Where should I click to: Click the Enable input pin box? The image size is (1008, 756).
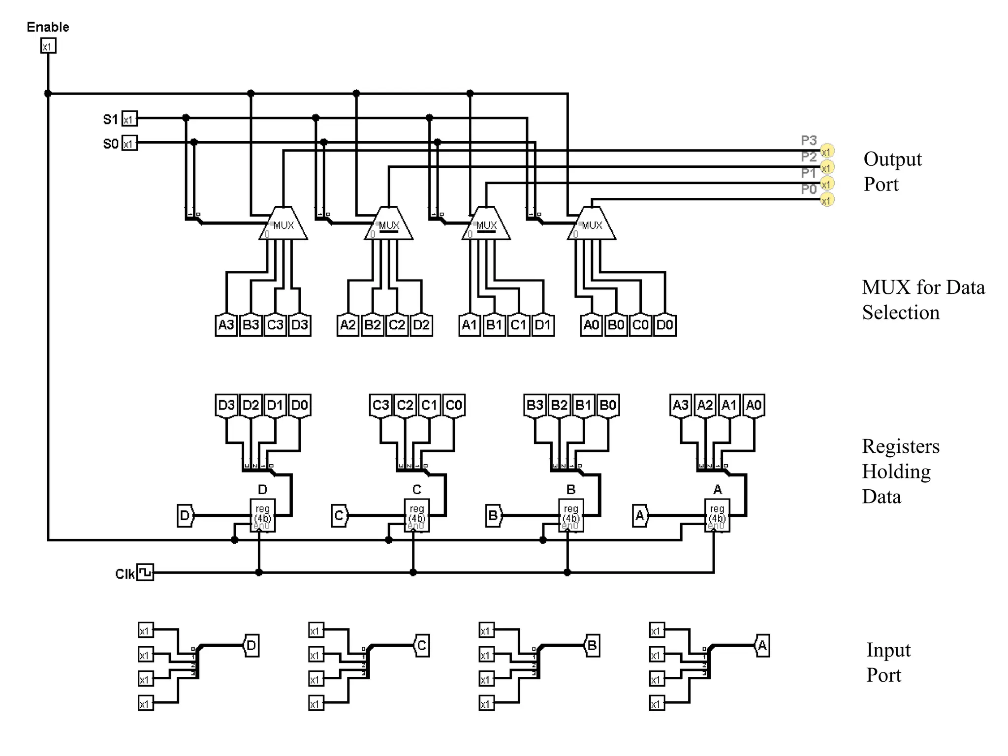(x=48, y=46)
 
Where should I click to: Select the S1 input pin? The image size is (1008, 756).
(x=129, y=119)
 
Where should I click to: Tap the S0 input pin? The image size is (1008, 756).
(x=129, y=143)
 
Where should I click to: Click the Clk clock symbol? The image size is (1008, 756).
(x=145, y=572)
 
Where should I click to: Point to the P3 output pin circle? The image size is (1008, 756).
(x=827, y=152)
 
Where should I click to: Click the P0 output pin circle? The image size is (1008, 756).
(x=827, y=200)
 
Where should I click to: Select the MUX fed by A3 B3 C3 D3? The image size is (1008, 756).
(x=283, y=225)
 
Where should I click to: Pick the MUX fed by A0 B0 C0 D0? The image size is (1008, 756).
(x=592, y=225)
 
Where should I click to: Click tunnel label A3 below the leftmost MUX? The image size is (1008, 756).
(x=226, y=325)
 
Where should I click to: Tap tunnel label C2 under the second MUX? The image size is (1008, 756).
(x=397, y=325)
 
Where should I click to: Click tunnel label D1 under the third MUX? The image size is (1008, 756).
(x=542, y=325)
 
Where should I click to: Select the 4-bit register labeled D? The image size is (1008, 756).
(x=262, y=515)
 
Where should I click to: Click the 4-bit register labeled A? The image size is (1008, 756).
(x=717, y=515)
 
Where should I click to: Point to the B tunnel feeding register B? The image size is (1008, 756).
(x=493, y=515)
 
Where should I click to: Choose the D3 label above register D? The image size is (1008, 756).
(x=226, y=405)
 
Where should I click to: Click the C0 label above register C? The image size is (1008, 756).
(x=453, y=405)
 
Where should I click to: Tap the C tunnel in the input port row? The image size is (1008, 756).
(x=422, y=645)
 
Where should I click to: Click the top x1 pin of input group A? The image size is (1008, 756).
(x=657, y=630)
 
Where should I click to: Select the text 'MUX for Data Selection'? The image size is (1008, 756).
(x=923, y=299)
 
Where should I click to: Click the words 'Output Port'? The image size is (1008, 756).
(x=892, y=171)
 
